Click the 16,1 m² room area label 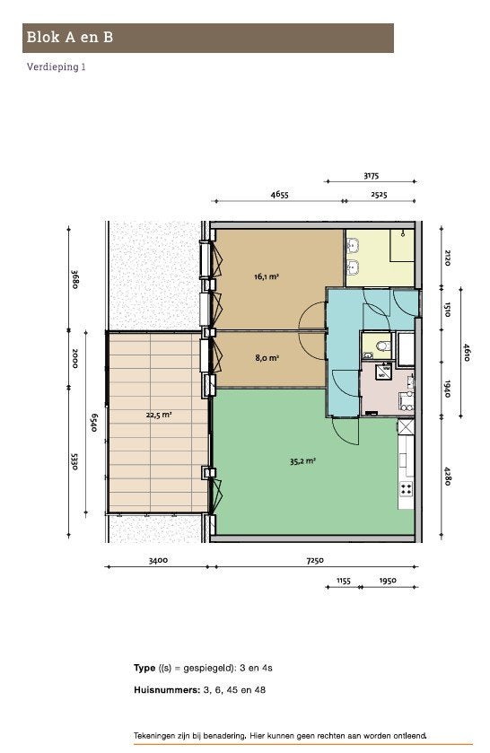[x=267, y=276]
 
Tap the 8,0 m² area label [x=267, y=358]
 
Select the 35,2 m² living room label [x=302, y=461]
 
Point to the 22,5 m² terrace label [x=159, y=415]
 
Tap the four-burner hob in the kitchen [x=406, y=489]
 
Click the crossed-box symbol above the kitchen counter [x=406, y=426]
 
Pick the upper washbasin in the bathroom [x=353, y=246]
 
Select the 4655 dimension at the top [x=280, y=195]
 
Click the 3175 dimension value [x=371, y=176]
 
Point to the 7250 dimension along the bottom [x=315, y=560]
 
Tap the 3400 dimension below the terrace [x=158, y=560]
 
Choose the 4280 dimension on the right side [x=447, y=476]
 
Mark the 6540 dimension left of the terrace [x=94, y=423]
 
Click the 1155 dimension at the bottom [x=343, y=581]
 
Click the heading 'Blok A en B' [x=70, y=38]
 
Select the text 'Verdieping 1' [x=57, y=66]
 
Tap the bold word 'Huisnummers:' [x=166, y=690]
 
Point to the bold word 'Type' [x=144, y=668]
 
